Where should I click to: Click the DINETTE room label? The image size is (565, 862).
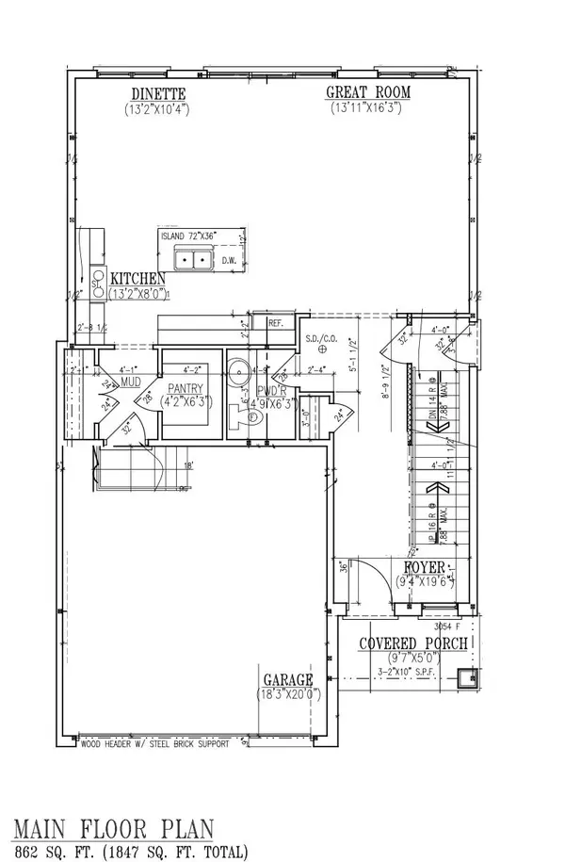point(158,93)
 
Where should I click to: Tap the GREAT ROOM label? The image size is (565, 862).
point(366,93)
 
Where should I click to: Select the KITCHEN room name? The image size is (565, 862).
point(138,278)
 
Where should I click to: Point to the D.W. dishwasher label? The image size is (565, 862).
point(228,260)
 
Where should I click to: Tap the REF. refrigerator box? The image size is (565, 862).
point(276,322)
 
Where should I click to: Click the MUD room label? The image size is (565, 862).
point(130,382)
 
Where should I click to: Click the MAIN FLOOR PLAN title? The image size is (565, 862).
point(112,830)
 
